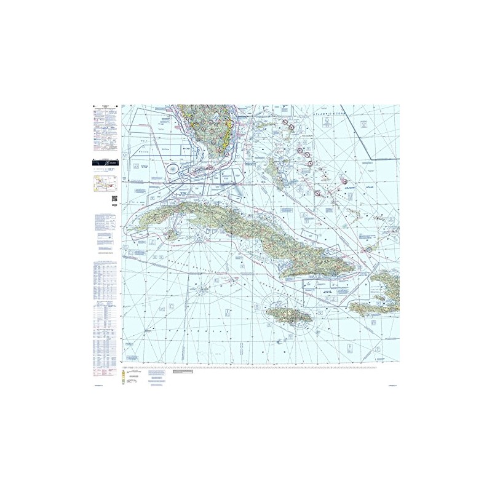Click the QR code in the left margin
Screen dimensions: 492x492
coord(114,197)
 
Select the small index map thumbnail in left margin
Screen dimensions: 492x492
coord(103,183)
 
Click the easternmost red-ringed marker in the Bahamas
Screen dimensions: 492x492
coord(368,250)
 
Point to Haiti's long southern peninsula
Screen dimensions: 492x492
coord(375,307)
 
